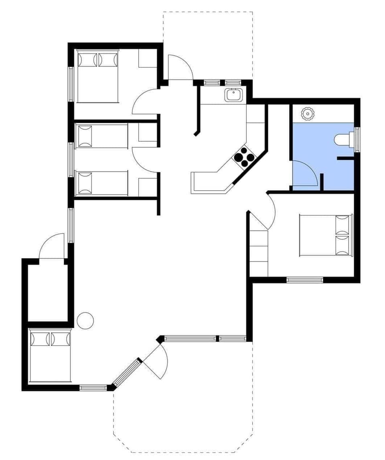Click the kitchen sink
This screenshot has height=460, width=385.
pos(233,95)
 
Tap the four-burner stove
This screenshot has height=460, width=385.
pos(243,157)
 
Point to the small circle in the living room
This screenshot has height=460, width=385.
pos(85,321)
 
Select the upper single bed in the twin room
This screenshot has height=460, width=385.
pos(102,136)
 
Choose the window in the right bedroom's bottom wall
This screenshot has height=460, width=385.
pos(305,280)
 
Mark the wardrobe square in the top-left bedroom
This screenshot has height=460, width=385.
pos(147,59)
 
